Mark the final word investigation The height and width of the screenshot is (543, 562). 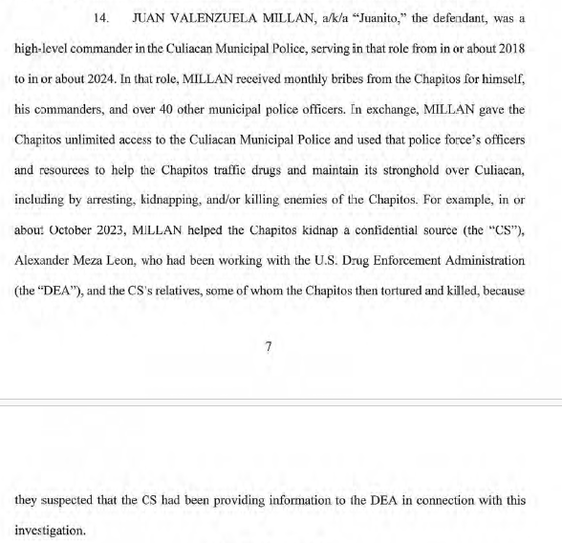52,529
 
